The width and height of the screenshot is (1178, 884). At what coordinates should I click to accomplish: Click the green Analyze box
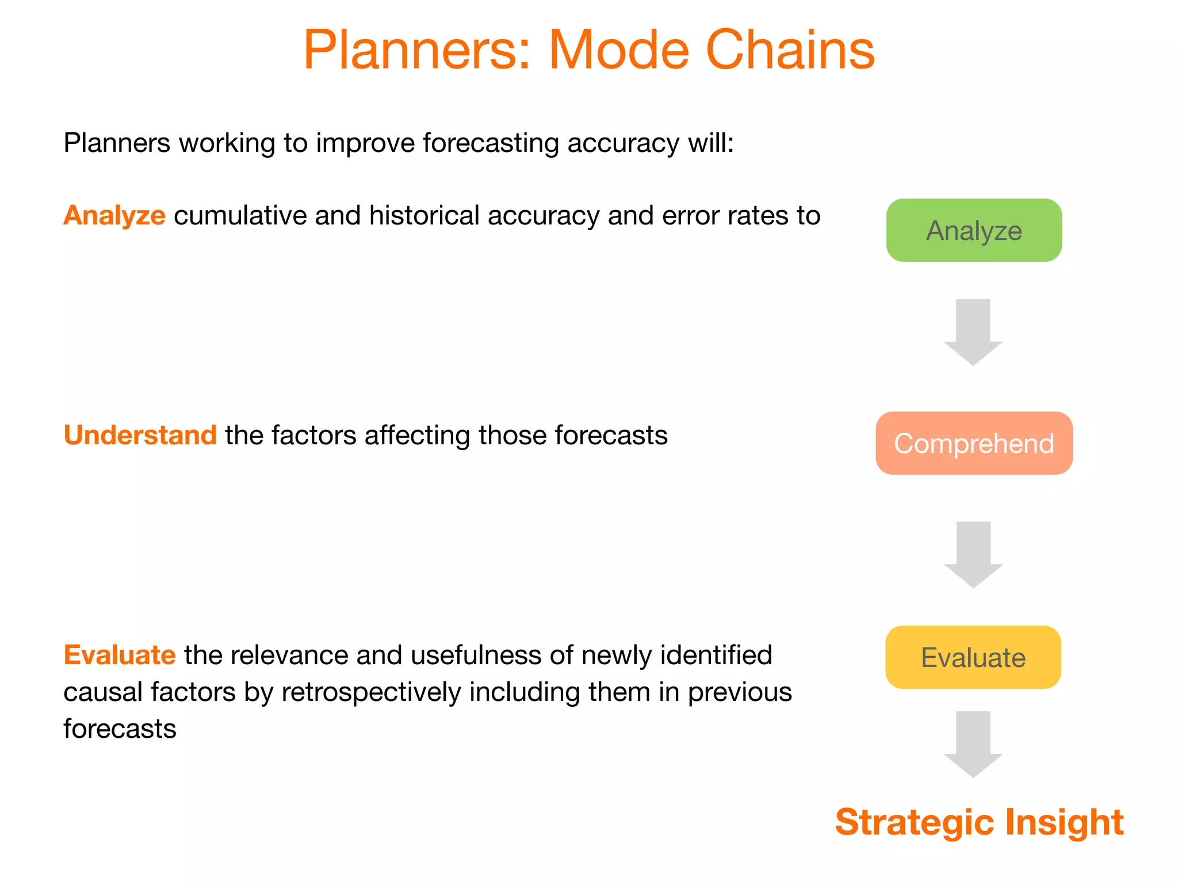(973, 230)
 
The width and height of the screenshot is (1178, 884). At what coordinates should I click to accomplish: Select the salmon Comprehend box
(973, 443)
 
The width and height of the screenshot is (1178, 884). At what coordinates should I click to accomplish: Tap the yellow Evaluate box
(973, 657)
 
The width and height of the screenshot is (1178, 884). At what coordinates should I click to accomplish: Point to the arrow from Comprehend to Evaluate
(973, 554)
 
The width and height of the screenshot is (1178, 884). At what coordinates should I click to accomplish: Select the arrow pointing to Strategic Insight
(973, 744)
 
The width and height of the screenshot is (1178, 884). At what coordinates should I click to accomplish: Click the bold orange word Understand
(140, 435)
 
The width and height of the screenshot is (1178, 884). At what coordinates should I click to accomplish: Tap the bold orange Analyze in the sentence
(114, 216)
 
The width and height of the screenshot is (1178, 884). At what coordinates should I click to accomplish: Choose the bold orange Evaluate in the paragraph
(119, 655)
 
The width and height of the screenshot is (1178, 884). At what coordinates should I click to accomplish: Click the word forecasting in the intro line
(490, 143)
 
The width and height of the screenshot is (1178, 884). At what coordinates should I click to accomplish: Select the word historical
(424, 216)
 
